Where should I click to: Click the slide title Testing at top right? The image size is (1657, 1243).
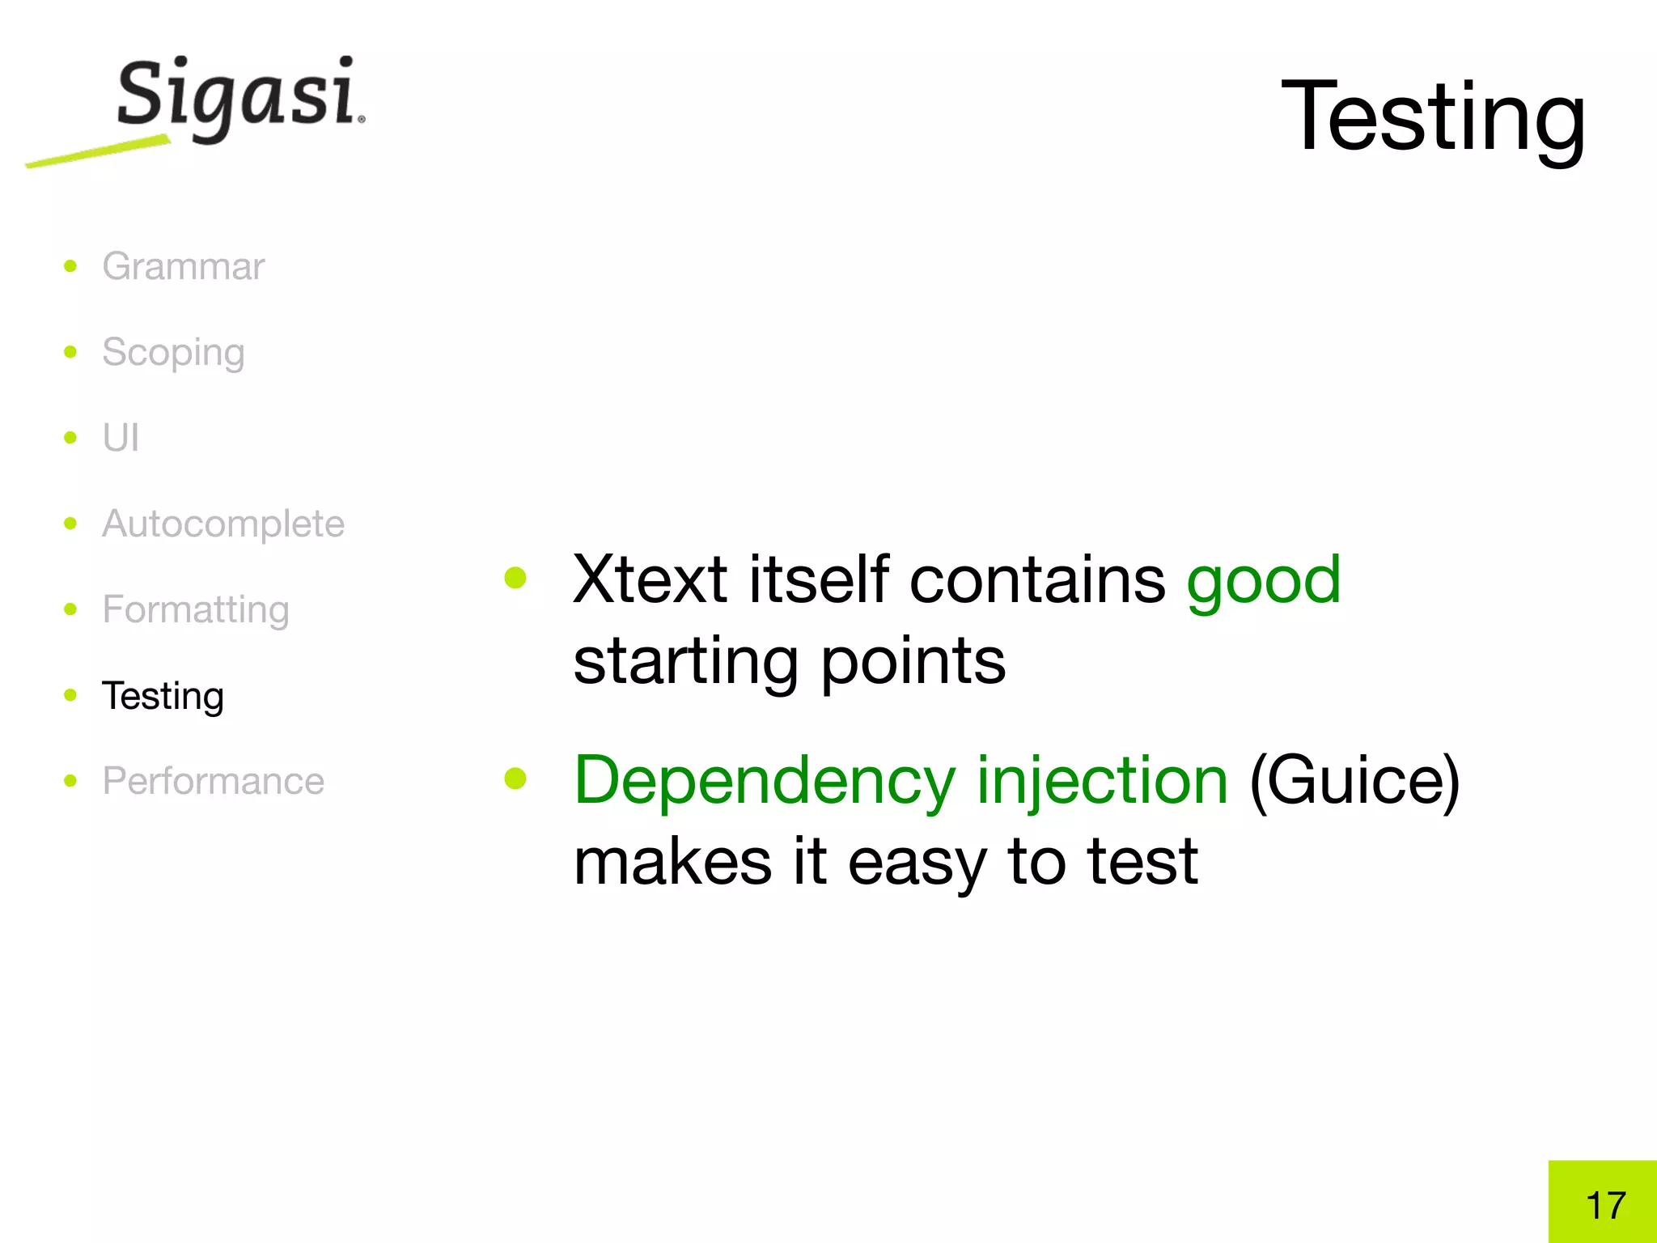(x=1433, y=117)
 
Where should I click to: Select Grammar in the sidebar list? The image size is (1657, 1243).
(x=183, y=266)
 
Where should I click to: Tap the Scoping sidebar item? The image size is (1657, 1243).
(x=173, y=353)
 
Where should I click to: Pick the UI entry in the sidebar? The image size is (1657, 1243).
(x=121, y=438)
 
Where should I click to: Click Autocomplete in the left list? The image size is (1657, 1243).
(x=223, y=524)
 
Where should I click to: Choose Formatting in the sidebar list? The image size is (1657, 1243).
(x=195, y=609)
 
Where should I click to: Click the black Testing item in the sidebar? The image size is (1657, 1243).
(x=163, y=696)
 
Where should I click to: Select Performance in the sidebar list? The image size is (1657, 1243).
(x=213, y=781)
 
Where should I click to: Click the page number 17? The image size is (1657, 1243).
(x=1605, y=1205)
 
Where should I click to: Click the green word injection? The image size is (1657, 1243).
(x=1102, y=782)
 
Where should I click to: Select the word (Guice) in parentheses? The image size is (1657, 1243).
(x=1354, y=782)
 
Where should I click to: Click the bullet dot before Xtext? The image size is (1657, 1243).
(x=515, y=578)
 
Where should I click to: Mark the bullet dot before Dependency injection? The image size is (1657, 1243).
(x=515, y=778)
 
